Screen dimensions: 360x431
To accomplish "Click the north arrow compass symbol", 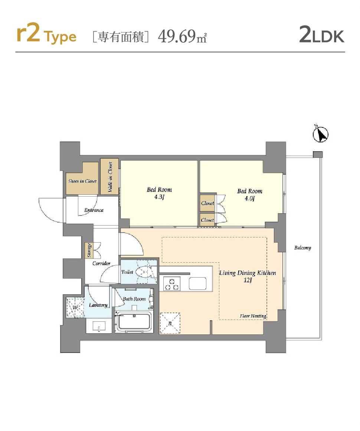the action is [320, 134].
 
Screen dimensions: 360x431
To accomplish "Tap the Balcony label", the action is [302, 248].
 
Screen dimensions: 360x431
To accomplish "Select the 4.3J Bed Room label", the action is [159, 193].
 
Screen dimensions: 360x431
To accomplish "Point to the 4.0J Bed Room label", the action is [250, 195].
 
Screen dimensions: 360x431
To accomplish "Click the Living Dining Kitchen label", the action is [248, 276].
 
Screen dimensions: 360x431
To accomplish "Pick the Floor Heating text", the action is [253, 316].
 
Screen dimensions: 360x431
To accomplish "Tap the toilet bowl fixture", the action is [143, 272].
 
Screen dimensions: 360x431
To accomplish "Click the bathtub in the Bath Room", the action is [134, 322].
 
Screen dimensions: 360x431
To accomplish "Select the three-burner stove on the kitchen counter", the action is [172, 284].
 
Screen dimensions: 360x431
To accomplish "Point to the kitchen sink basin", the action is [198, 283].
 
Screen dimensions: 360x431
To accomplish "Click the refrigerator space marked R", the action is [170, 324].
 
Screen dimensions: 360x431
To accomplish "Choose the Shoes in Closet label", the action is [83, 181].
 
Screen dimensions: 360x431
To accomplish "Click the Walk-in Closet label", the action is [110, 177].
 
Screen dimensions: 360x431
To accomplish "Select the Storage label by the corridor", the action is [89, 250].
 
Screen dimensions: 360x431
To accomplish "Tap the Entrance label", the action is [94, 210].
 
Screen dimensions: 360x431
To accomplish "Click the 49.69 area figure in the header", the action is [177, 36].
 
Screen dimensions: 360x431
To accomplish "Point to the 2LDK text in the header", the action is [321, 34].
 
